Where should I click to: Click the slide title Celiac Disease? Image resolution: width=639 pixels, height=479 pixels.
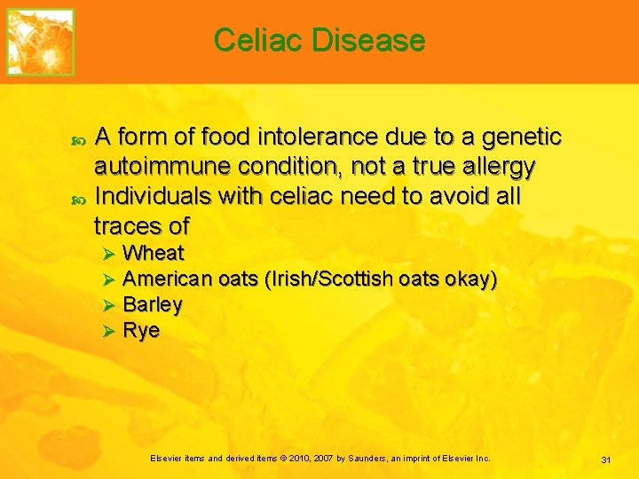click(x=319, y=40)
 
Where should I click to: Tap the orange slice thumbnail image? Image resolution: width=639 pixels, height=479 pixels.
click(x=41, y=42)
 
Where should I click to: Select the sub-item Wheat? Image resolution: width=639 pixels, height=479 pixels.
click(x=154, y=253)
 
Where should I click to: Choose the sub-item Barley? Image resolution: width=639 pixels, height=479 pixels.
click(x=153, y=304)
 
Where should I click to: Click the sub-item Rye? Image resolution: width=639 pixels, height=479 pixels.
click(x=141, y=331)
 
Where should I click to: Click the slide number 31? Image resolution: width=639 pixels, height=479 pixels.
click(x=607, y=459)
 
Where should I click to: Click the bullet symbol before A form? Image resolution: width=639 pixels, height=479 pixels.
click(x=75, y=138)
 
